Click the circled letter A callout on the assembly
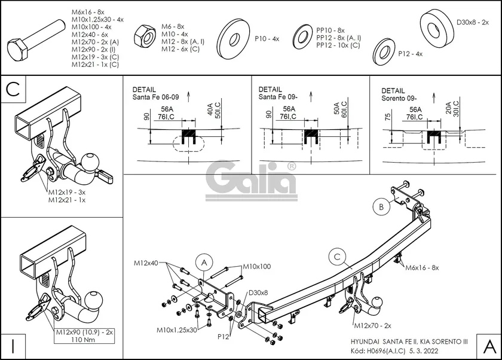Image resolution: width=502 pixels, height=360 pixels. [204, 263]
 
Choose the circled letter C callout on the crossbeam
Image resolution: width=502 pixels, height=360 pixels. [337, 256]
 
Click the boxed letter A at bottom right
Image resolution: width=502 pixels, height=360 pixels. [488, 345]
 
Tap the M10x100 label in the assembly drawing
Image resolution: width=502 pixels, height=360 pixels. [256, 266]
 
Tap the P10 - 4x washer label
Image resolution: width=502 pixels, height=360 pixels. [267, 38]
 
